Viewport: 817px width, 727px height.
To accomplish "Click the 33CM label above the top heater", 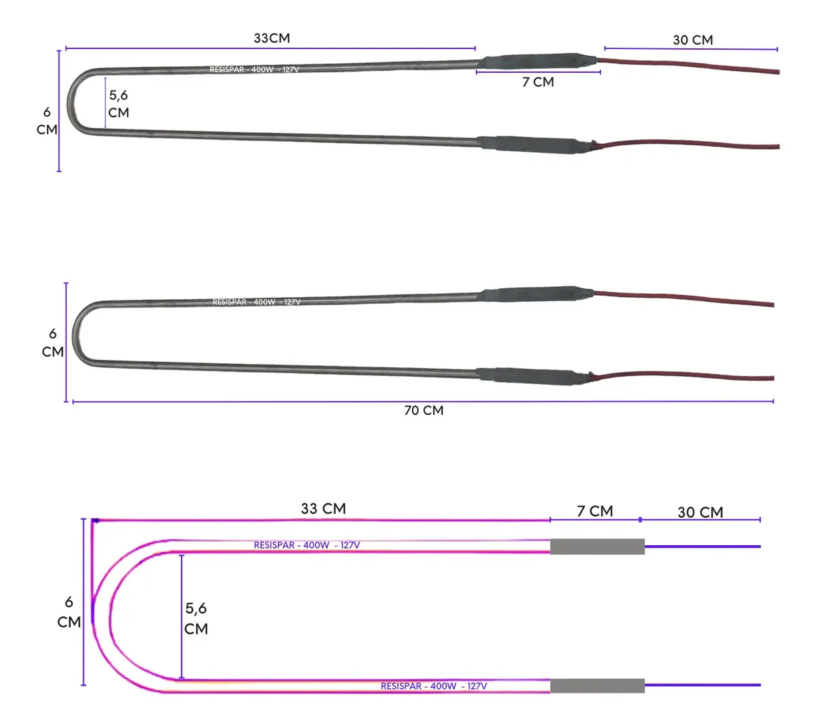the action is (272, 38).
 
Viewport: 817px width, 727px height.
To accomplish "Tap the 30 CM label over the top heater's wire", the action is (692, 40).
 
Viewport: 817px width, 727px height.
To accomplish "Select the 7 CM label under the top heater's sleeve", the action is (538, 82).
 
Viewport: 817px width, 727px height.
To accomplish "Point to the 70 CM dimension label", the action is (423, 411).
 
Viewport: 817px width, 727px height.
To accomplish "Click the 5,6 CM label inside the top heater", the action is (118, 104).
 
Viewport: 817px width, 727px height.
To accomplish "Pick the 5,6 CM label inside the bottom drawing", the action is (196, 619).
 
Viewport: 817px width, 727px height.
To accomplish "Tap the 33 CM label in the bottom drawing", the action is (323, 508).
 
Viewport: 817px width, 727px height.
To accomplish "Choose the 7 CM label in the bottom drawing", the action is (594, 512).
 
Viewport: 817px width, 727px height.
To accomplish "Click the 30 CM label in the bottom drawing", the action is (700, 512).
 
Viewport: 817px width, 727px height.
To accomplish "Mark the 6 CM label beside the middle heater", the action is (53, 343).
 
